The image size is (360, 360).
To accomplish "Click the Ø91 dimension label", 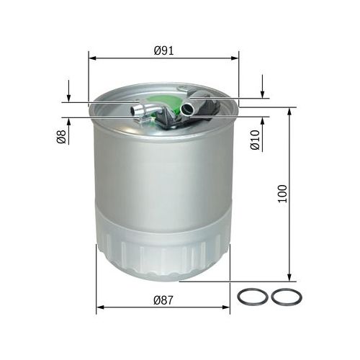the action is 163,50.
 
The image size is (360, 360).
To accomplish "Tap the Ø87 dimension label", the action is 163,300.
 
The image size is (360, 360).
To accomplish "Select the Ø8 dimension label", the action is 61,137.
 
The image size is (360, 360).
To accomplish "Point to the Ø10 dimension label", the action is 255,140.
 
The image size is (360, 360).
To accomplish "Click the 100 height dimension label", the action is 282,194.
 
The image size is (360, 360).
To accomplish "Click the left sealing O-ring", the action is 253,297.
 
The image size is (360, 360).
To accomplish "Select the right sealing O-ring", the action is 287,297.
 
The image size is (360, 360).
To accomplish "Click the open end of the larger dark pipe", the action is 187,109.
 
